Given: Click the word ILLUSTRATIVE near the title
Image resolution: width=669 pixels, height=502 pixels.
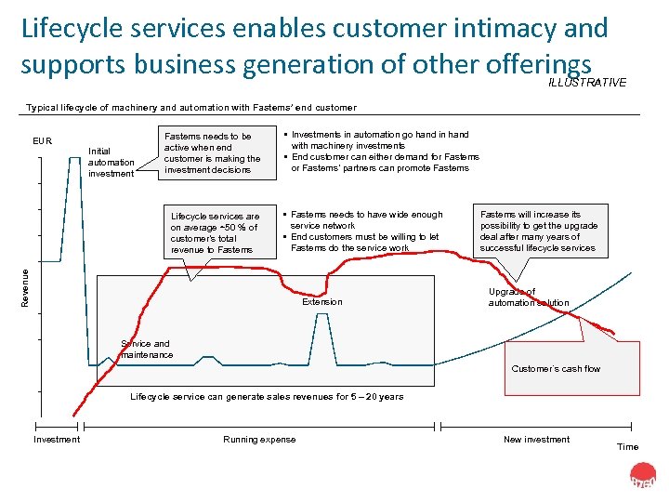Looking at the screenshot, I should pos(587,83).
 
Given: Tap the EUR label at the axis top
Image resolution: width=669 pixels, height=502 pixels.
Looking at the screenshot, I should pos(43,142).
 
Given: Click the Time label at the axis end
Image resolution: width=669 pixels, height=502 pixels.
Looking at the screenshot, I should pos(628,447).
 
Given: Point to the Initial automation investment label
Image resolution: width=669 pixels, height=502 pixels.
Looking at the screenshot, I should pos(111,162).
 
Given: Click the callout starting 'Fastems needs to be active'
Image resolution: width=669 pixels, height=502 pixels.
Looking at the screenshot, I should pos(212,152).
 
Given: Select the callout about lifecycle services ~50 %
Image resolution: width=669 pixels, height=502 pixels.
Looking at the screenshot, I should pos(215,232).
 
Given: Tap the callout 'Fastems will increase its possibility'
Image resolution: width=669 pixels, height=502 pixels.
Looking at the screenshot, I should pos(539,231).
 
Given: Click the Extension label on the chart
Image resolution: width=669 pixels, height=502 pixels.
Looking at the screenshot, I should pos(322,302).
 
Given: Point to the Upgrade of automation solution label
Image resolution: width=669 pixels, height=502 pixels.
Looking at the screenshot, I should pos(529,297).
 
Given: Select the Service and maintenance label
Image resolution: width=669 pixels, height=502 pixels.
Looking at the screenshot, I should pos(146,350).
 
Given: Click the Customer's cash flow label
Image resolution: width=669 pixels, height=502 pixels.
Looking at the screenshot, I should pos(556,369).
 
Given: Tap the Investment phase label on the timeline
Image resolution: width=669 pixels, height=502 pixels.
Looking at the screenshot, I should pos(57,440).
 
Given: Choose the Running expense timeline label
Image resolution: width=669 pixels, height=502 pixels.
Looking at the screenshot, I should pos(259,440).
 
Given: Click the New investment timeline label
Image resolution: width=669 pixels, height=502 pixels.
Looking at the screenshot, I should pos(536,440).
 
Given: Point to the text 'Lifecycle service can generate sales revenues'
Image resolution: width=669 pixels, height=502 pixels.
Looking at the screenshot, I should pos(267,397).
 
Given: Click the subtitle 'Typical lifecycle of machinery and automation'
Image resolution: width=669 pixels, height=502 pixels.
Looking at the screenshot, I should pos(191,108).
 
